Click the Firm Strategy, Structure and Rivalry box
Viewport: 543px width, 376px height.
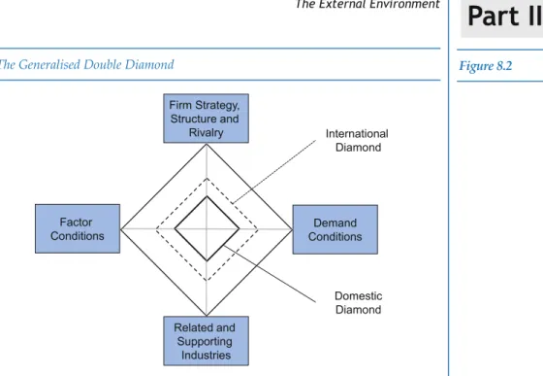point(206,119)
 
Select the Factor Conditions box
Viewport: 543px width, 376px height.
point(78,229)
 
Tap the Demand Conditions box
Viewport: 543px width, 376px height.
point(335,229)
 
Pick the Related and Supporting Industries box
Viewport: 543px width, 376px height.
point(206,341)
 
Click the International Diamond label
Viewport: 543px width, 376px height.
point(357,141)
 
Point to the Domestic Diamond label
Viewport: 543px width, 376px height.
point(359,303)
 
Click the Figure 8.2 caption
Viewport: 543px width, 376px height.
point(486,65)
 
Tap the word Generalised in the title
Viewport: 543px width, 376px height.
point(49,64)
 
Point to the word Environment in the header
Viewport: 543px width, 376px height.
point(406,4)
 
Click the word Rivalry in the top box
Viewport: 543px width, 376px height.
point(206,132)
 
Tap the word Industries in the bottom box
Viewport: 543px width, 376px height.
point(206,356)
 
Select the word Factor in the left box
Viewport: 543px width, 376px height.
point(76,222)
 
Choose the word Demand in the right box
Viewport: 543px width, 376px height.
point(335,222)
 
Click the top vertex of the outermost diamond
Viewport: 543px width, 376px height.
point(207,145)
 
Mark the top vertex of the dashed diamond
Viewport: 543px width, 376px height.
point(207,179)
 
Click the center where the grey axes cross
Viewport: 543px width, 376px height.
point(207,229)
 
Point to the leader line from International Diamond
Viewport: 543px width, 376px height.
point(273,172)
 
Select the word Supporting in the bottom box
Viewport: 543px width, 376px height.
point(205,341)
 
